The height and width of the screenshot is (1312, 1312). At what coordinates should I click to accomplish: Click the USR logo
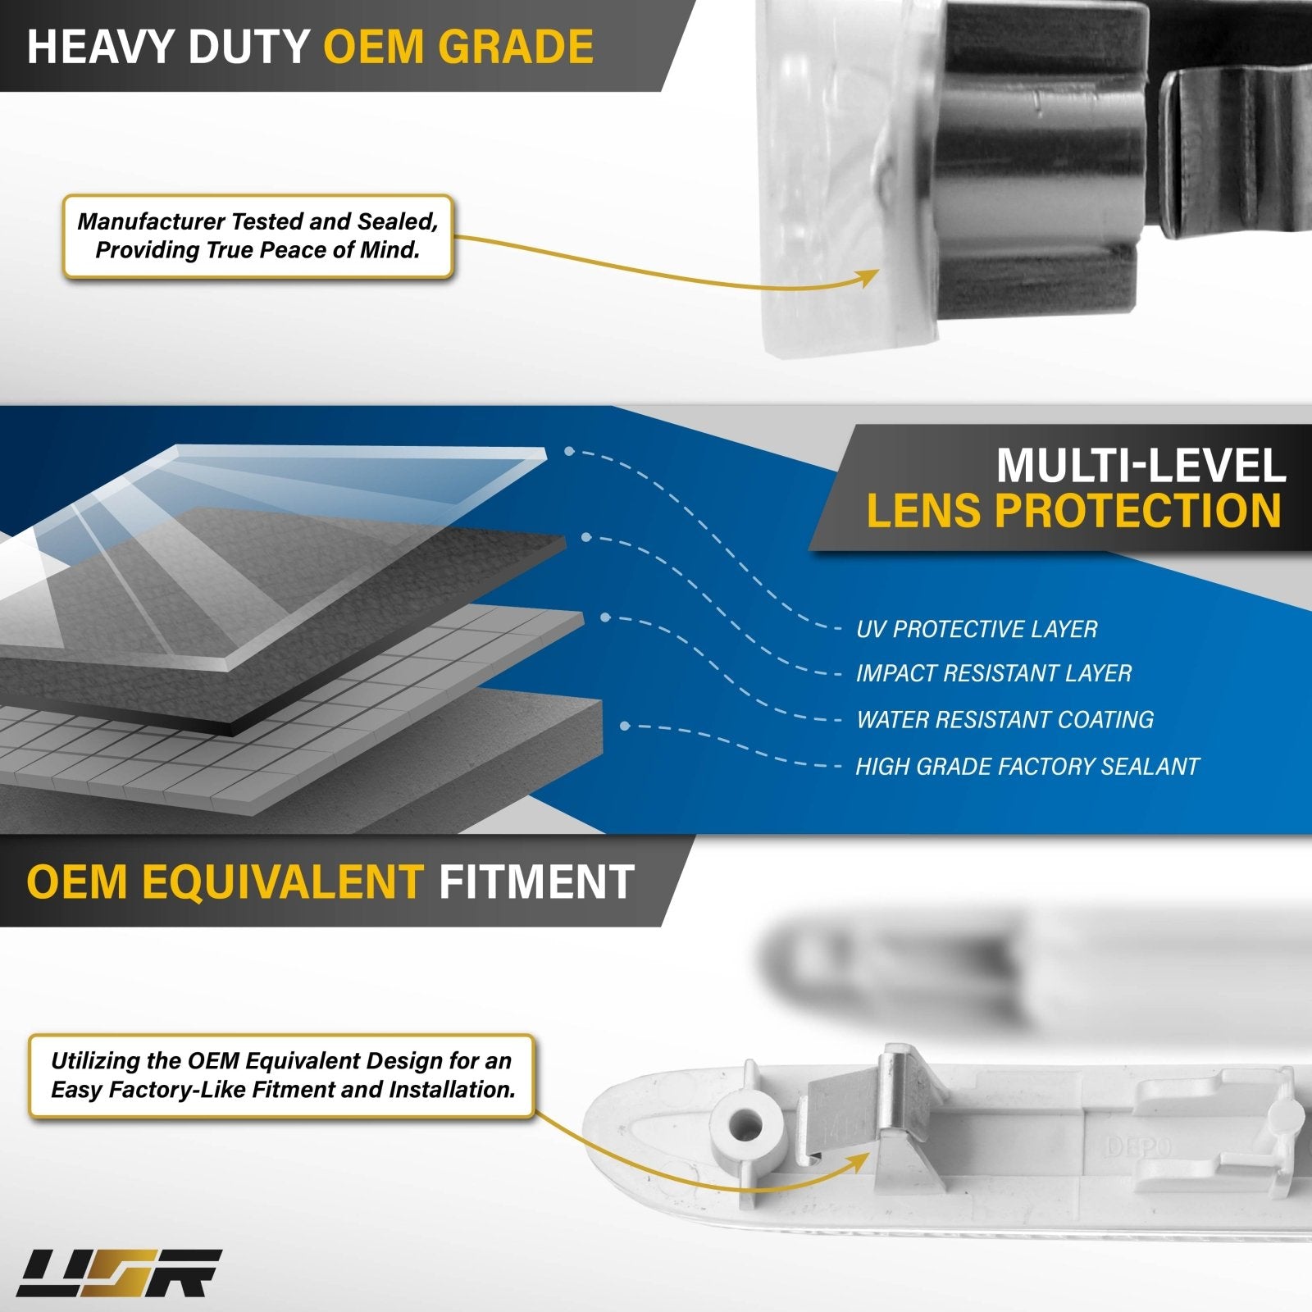(x=120, y=1273)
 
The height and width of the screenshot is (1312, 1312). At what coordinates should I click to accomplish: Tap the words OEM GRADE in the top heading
(x=458, y=46)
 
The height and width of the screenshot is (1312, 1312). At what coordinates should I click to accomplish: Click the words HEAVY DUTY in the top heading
(x=168, y=46)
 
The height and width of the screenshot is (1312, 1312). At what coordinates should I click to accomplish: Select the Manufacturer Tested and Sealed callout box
(x=257, y=236)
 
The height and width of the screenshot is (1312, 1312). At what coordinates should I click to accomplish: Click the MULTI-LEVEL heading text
(x=1141, y=466)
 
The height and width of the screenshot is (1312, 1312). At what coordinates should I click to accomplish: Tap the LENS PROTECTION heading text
(x=1073, y=511)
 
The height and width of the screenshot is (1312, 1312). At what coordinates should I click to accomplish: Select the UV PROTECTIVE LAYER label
(x=976, y=629)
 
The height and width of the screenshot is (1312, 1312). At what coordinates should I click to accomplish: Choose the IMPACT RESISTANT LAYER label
(x=993, y=673)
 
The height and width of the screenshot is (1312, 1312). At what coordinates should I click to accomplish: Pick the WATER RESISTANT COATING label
(x=1004, y=719)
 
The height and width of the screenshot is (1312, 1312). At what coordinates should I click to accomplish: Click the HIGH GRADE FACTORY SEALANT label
(x=1027, y=766)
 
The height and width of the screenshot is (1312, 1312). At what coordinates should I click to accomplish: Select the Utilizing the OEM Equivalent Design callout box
(x=281, y=1076)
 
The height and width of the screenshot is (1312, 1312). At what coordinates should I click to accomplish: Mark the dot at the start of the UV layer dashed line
(x=569, y=451)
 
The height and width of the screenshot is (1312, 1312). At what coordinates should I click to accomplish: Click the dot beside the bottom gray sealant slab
(x=625, y=726)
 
